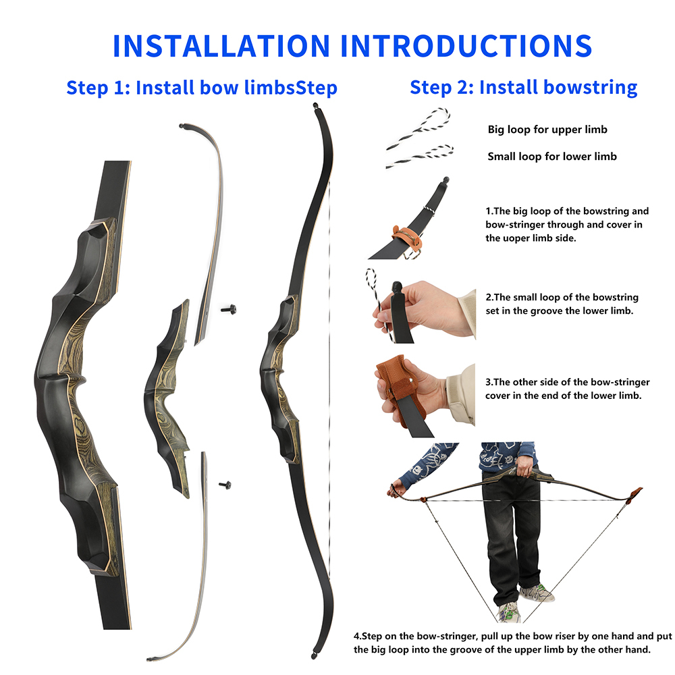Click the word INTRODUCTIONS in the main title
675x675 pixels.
[466, 45]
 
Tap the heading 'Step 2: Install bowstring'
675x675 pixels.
[524, 87]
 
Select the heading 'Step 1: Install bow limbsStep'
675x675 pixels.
[202, 88]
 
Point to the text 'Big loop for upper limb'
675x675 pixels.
[547, 130]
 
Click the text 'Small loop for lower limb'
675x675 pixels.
[552, 157]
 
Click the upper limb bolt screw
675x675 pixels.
[229, 309]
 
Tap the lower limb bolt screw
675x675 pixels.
[225, 484]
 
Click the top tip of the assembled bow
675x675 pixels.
[315, 107]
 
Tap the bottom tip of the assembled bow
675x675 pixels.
[313, 653]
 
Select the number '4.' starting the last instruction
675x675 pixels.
[358, 636]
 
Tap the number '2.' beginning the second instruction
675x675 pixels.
[489, 297]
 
